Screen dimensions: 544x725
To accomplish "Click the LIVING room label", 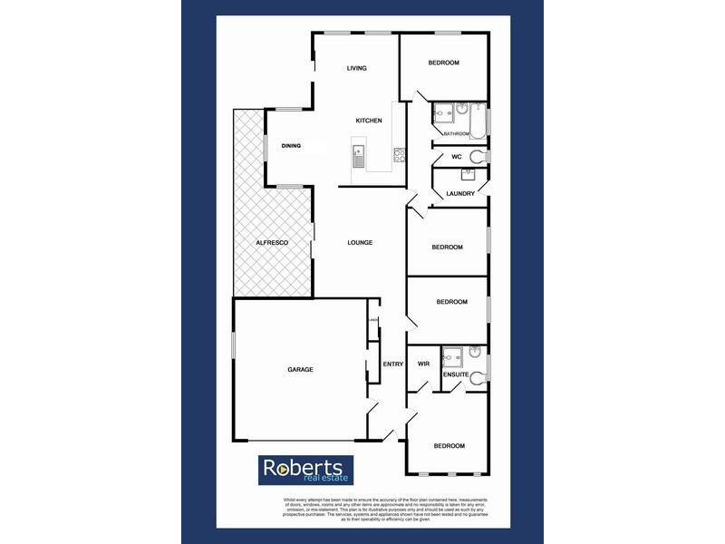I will pos(356,68).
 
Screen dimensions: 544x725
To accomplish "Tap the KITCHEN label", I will pos(368,121).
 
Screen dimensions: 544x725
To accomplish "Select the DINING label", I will pos(291,146).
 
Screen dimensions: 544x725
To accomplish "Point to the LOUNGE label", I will pos(360,242).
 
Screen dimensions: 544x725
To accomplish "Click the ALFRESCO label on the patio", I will pos(271,243).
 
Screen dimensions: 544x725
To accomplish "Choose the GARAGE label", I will pos(300,369).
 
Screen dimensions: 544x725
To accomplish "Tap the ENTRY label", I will pos(392,364).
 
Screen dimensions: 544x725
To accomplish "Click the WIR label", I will pos(422,364).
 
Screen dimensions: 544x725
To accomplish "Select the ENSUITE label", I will pos(455,374).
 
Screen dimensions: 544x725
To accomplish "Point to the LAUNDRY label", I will pos(460,193).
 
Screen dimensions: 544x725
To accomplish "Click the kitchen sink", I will pos(358,157).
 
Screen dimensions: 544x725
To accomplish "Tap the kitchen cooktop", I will pos(399,156).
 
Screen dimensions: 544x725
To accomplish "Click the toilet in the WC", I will pos(478,156).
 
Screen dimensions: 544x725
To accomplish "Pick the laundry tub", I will pos(469,172).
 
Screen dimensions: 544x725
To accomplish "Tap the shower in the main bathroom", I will pos(444,112).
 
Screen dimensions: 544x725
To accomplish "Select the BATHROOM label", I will pos(457,134).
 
